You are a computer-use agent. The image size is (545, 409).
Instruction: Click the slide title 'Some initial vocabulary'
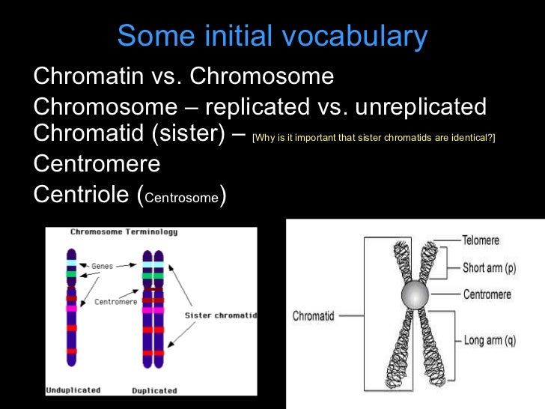(272, 35)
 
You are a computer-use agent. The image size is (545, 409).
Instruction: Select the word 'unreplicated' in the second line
(421, 106)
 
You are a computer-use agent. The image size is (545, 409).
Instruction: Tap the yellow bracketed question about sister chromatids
(374, 138)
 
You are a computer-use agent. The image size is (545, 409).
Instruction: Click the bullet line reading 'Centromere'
(97, 163)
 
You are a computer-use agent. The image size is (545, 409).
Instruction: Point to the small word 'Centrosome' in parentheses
(182, 199)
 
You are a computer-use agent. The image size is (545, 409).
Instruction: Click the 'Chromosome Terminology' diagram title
(124, 232)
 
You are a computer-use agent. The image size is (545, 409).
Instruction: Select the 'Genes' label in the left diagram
(102, 266)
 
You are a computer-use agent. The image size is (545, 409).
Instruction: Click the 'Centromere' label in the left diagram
(115, 302)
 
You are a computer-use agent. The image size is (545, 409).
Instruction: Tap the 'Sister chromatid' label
(220, 315)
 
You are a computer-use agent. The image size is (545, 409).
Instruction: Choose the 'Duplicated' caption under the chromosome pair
(154, 390)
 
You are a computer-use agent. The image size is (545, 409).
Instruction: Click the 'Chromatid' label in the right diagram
(313, 316)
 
